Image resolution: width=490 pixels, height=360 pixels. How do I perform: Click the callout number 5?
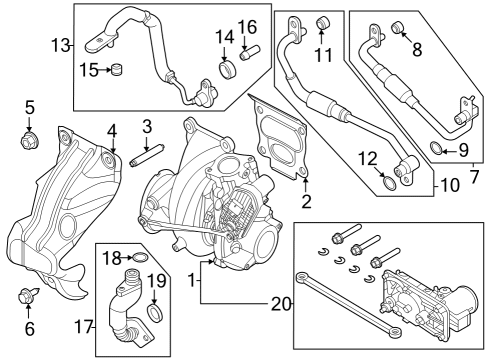point(29,107)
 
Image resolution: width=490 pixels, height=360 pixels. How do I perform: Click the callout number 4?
point(113,129)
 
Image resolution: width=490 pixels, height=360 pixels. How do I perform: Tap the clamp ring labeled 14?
point(227,70)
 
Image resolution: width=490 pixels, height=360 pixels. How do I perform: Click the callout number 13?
point(62,44)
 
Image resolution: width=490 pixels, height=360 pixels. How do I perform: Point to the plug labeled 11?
point(323,23)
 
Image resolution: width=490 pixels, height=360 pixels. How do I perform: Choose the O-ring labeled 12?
point(388,181)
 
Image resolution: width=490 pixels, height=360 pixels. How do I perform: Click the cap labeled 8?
point(398,26)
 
